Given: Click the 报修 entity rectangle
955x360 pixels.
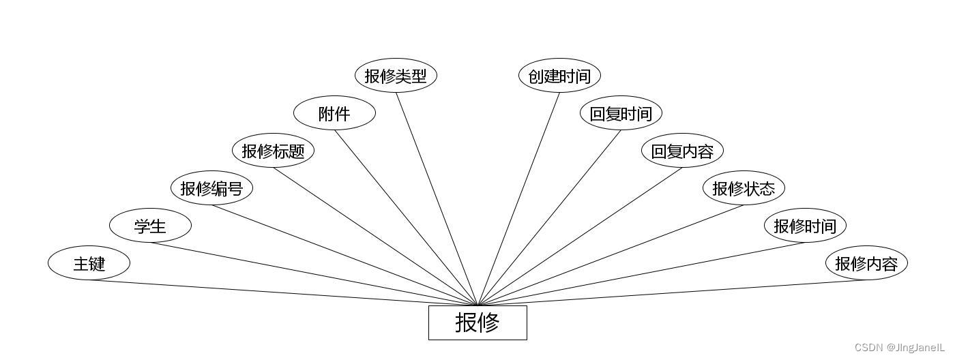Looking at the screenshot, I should (x=477, y=322).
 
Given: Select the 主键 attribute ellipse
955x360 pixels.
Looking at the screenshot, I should (x=89, y=263).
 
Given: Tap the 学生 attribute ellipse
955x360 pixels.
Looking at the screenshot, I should (x=150, y=226).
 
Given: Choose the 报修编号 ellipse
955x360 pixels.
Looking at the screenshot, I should (x=211, y=188).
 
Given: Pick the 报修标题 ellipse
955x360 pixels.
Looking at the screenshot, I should (x=273, y=151).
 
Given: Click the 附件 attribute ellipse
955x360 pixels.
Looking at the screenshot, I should (x=334, y=113).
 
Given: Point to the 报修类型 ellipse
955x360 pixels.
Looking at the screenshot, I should (x=396, y=76).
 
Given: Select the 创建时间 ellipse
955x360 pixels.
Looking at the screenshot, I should (x=559, y=76).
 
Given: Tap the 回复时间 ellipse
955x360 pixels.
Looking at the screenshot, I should (x=621, y=113).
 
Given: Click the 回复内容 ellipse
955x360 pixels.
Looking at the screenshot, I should (x=682, y=151).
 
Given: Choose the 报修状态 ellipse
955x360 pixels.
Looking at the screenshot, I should (x=744, y=188).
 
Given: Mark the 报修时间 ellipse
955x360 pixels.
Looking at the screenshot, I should (x=805, y=226).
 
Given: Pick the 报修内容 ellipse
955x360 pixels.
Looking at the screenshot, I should (x=866, y=263).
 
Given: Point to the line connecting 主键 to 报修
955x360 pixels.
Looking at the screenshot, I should (x=283, y=293).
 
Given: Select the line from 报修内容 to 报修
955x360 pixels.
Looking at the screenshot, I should (x=672, y=293).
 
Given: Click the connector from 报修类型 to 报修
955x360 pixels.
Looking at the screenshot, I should (x=437, y=199).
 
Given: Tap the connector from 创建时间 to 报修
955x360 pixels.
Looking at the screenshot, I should (x=518, y=199).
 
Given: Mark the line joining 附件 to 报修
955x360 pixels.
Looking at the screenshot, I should (x=406, y=218).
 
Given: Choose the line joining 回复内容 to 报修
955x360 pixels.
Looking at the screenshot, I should (x=580, y=237).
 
